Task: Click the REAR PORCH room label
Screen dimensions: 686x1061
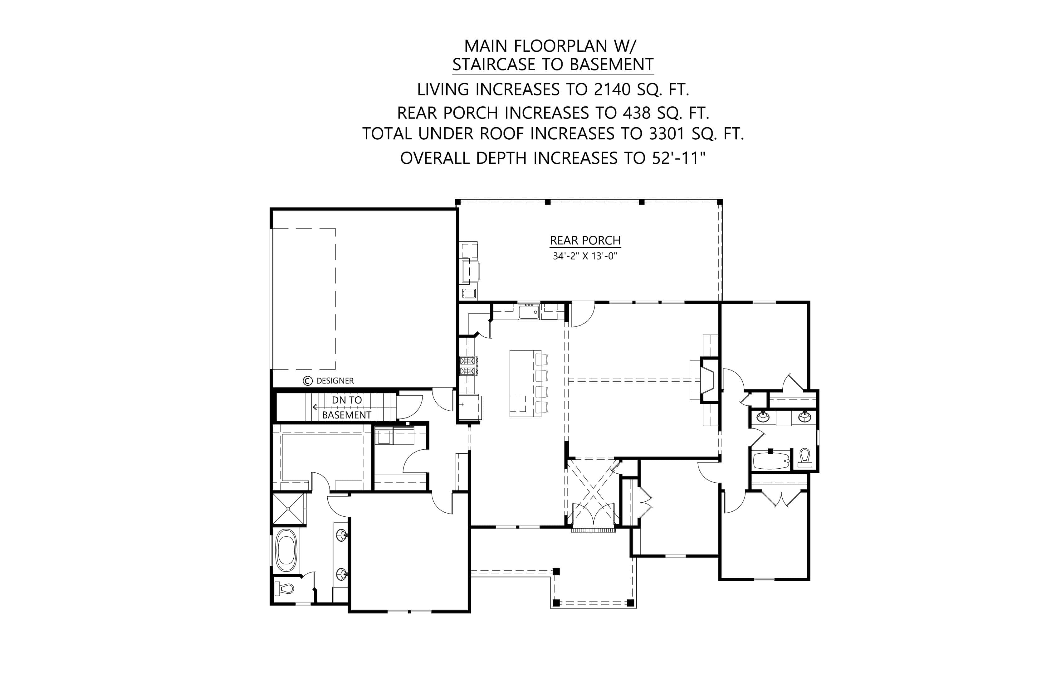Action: [585, 240]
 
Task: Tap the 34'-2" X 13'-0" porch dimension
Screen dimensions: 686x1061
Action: [585, 256]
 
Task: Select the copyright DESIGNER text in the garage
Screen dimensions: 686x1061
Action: [329, 381]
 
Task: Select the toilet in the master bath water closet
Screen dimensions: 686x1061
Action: [284, 588]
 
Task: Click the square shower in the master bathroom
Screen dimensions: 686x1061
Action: [288, 509]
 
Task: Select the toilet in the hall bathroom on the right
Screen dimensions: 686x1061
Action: [804, 457]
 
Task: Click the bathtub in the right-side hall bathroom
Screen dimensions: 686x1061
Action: [771, 461]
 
